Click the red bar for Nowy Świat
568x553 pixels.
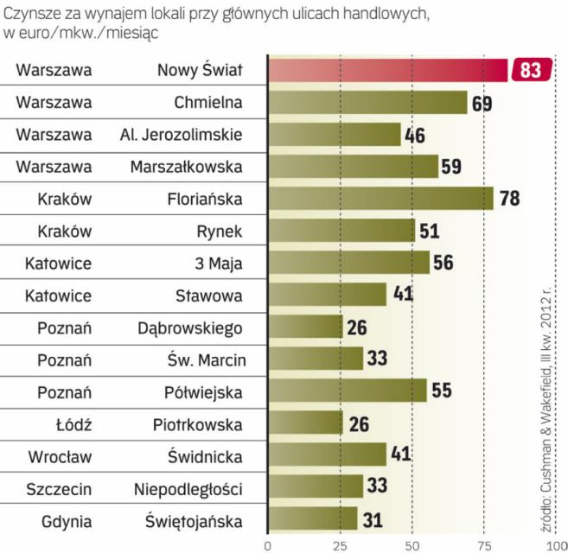click(x=387, y=71)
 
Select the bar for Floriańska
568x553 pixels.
click(x=380, y=199)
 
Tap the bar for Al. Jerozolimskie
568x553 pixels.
click(x=335, y=135)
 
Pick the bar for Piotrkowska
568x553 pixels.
click(x=305, y=423)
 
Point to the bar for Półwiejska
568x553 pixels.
click(x=347, y=391)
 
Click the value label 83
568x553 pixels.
click(x=530, y=71)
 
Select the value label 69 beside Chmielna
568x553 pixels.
click(x=482, y=104)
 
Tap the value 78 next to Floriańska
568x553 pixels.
click(x=509, y=200)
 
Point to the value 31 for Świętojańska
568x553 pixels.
click(x=373, y=519)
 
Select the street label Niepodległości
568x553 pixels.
click(x=188, y=488)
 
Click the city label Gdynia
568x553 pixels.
click(x=66, y=520)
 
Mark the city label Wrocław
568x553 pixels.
click(x=66, y=455)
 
